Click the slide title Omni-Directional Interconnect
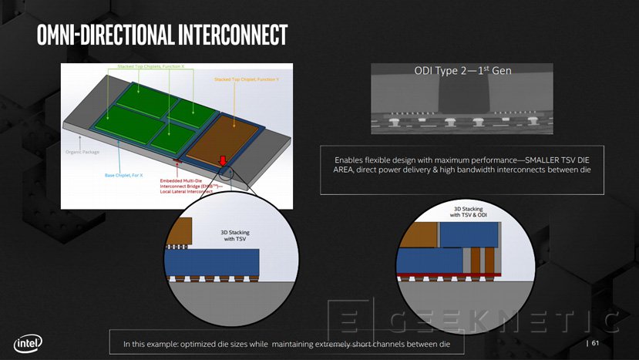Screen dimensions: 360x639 coord(161,35)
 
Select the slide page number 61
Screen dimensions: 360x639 coord(596,343)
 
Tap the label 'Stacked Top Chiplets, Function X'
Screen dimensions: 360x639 coord(151,67)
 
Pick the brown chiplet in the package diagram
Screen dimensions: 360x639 coord(227,134)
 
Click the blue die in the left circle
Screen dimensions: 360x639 coord(215,263)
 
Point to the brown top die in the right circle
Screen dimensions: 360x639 coord(419,233)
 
